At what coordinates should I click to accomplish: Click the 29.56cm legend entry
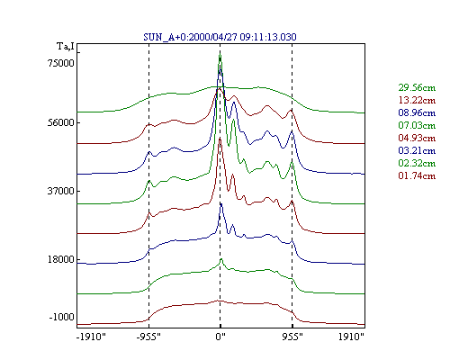click(x=417, y=87)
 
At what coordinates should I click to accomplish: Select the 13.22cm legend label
click(x=417, y=100)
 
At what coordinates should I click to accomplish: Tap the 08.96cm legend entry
click(x=417, y=112)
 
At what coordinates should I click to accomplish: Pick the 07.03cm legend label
click(x=417, y=125)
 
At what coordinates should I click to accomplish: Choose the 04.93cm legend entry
click(x=417, y=138)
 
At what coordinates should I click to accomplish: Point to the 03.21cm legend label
click(x=417, y=150)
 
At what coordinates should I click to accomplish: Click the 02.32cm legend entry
click(x=417, y=163)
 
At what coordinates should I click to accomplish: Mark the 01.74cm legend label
click(x=417, y=175)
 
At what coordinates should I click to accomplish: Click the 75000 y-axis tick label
click(x=61, y=63)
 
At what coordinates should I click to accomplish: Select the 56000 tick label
click(x=61, y=122)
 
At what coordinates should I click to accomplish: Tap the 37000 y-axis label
click(x=61, y=191)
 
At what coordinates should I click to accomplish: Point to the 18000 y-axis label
click(x=61, y=259)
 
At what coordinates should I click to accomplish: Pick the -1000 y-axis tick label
click(x=61, y=317)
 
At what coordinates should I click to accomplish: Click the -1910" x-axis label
click(x=92, y=337)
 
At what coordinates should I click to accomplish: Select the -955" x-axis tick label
click(x=148, y=337)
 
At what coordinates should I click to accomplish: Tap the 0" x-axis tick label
click(x=220, y=337)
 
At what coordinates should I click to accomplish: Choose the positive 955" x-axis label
click(x=292, y=337)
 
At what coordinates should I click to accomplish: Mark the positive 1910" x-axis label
click(x=351, y=337)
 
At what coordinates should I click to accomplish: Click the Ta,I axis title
click(x=66, y=47)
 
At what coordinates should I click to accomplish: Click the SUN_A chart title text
click(x=220, y=37)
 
